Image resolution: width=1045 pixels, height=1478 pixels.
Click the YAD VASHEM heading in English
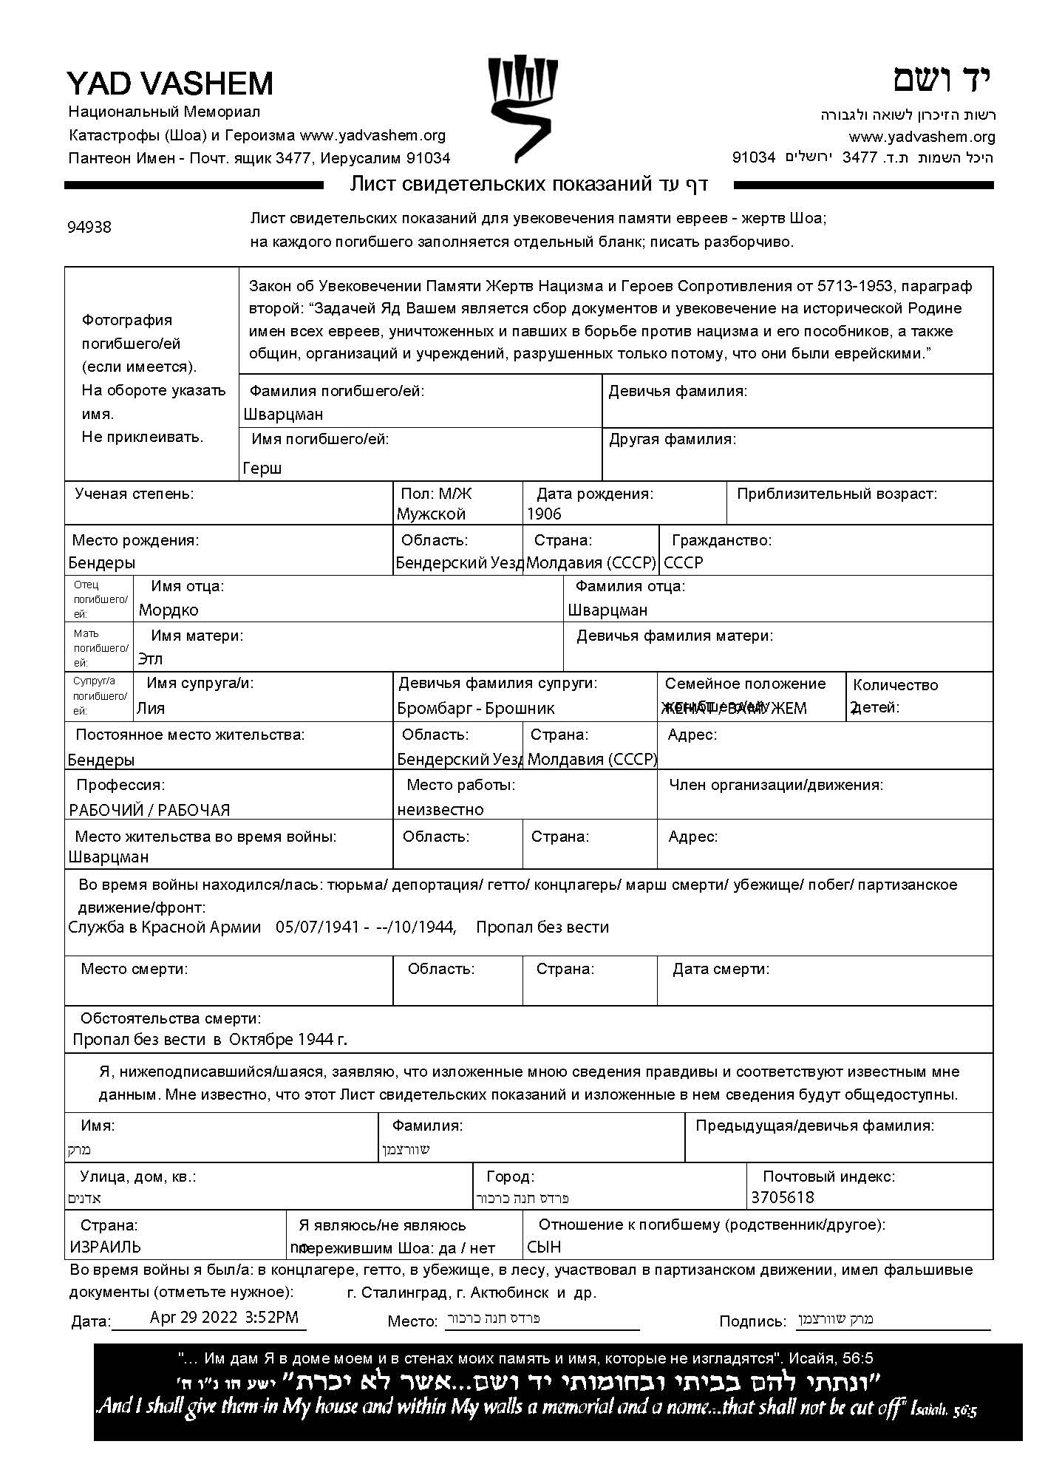pyautogui.click(x=170, y=84)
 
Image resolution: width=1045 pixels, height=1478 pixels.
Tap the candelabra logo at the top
pyautogui.click(x=522, y=107)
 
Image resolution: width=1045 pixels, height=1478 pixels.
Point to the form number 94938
pyautogui.click(x=89, y=227)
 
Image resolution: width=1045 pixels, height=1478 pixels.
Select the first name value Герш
pyautogui.click(x=262, y=468)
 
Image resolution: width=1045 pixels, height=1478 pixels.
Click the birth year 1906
pyautogui.click(x=544, y=514)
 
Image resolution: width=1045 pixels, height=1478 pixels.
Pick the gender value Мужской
pyautogui.click(x=431, y=514)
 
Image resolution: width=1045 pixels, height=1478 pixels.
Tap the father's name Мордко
pyautogui.click(x=169, y=610)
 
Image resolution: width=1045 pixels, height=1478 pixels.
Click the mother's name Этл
pyautogui.click(x=150, y=658)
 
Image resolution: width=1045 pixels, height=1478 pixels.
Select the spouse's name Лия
pyautogui.click(x=151, y=708)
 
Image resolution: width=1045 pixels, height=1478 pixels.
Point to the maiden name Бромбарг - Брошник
pyautogui.click(x=476, y=708)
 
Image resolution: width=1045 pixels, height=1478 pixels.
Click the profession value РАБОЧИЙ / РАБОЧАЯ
pyautogui.click(x=149, y=810)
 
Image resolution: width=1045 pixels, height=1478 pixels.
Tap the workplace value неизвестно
pyautogui.click(x=440, y=809)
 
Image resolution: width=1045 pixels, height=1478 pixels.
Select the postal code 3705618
pyautogui.click(x=783, y=1197)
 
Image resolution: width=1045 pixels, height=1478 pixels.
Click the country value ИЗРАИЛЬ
pyautogui.click(x=106, y=1247)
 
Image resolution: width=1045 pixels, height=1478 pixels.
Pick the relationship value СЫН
pyautogui.click(x=544, y=1247)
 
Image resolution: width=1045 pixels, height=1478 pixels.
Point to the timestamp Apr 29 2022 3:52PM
pyautogui.click(x=224, y=1316)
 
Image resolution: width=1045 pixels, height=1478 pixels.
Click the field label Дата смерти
pyautogui.click(x=721, y=969)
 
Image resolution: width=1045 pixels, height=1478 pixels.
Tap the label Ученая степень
pyautogui.click(x=134, y=494)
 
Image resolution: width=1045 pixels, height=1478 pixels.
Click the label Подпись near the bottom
pyautogui.click(x=752, y=1321)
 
